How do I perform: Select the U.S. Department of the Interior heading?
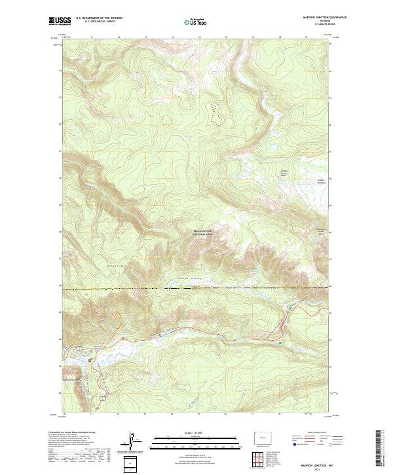tap(98, 18)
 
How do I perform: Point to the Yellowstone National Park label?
tap(204, 232)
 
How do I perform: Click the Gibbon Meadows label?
tap(321, 180)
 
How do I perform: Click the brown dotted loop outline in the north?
tap(214, 113)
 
